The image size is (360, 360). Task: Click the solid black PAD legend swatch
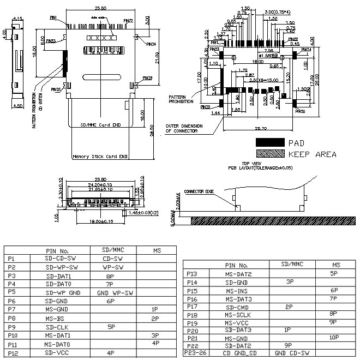pyautogui.click(x=271, y=142)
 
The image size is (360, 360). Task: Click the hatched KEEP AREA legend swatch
pyautogui.click(x=271, y=154)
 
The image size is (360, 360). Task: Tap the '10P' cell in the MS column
pyautogui.click(x=334, y=338)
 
